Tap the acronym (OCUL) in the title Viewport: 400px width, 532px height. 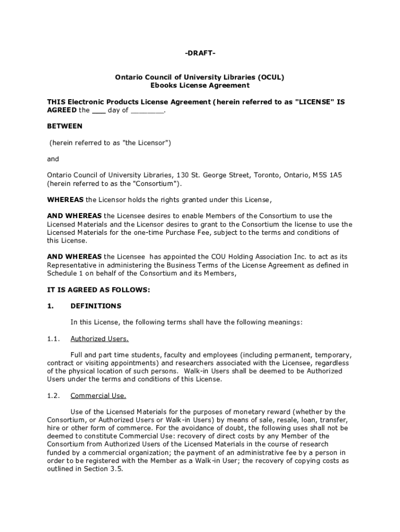[x=267, y=77]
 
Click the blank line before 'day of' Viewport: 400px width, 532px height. [x=98, y=111]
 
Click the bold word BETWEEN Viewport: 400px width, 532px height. [x=65, y=126]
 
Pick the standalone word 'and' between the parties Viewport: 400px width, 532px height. [x=53, y=159]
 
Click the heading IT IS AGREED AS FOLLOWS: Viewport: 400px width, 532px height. [x=98, y=290]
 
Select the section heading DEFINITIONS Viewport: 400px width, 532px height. [x=96, y=306]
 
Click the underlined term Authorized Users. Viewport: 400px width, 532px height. [x=99, y=339]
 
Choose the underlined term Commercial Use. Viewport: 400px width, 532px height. [x=98, y=395]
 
